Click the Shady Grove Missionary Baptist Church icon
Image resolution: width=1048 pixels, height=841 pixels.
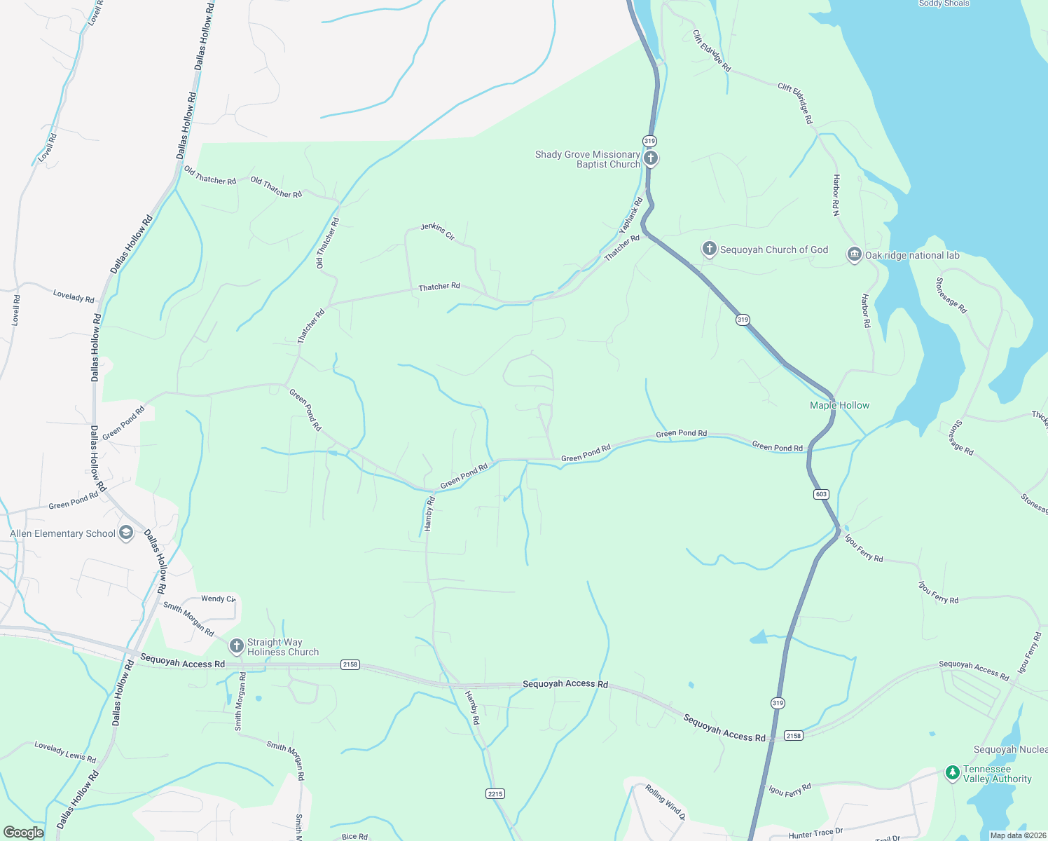point(651,158)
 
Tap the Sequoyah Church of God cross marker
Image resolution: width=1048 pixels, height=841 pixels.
point(709,249)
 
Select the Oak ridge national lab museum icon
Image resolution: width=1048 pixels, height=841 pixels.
point(854,254)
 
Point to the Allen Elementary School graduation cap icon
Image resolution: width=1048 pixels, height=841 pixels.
point(126,533)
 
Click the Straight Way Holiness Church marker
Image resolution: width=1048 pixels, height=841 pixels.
point(237,645)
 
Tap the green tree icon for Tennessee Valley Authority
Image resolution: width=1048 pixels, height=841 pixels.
point(952,772)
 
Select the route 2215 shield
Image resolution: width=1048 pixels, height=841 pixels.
point(495,793)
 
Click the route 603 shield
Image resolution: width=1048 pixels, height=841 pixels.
point(822,494)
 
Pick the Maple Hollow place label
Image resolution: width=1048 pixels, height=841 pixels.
point(839,405)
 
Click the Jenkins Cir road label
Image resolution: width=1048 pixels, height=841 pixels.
point(438,231)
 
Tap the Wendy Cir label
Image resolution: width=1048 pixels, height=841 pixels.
point(218,599)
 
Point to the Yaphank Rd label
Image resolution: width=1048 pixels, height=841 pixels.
point(630,215)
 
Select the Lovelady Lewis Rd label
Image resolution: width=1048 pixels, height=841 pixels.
point(65,752)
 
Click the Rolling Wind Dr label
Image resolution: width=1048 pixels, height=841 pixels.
point(665,803)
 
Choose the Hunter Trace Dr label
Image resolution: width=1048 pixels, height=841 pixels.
point(815,833)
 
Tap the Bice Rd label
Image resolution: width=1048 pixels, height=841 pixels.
point(354,836)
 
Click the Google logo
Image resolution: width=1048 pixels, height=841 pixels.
point(23,833)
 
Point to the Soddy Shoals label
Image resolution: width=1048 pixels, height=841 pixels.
point(944,4)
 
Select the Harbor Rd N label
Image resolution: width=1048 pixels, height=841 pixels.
point(836,194)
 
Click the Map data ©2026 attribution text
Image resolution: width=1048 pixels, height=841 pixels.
point(1018,835)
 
